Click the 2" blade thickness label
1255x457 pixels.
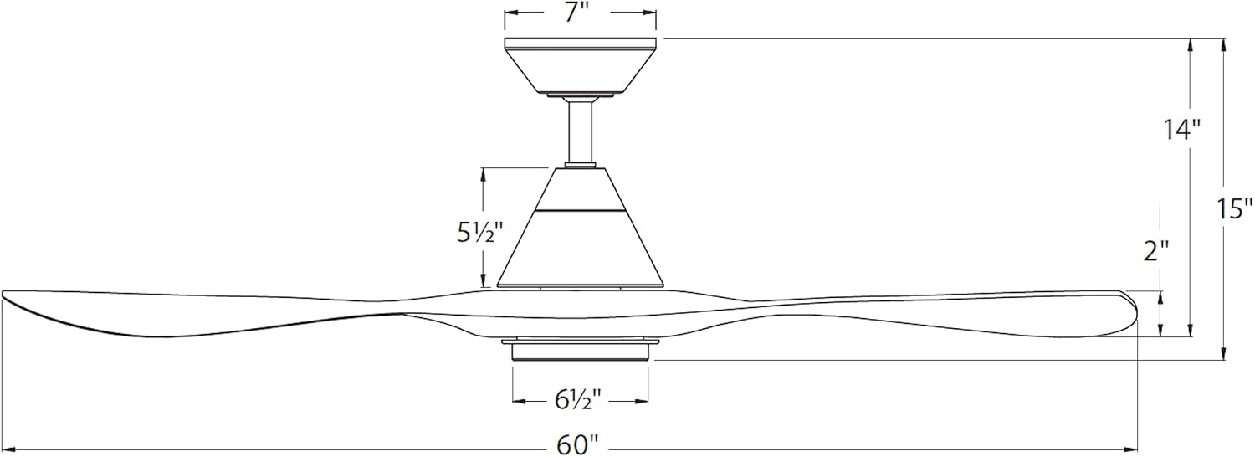(1155, 251)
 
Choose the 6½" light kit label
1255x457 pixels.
(578, 400)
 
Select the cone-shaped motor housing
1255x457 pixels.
(580, 227)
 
